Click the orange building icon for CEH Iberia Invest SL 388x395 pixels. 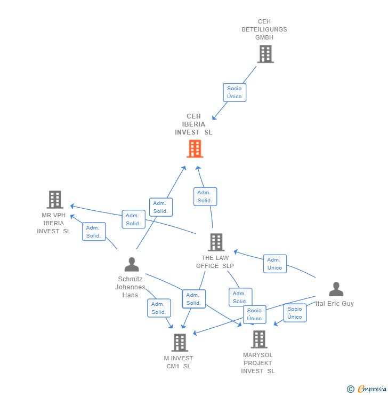point(195,149)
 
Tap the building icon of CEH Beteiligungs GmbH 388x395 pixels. point(265,54)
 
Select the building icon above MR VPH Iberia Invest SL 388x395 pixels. point(54,200)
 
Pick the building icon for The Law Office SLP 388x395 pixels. point(215,242)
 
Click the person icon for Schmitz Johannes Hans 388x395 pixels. point(131,264)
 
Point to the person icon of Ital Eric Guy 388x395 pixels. point(336,289)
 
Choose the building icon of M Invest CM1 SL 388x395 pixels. point(180,342)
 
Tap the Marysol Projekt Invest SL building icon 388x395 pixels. point(258,339)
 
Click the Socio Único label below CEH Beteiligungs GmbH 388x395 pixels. point(235,92)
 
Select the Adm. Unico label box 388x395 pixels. point(275,264)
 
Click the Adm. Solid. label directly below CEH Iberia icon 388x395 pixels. point(205,196)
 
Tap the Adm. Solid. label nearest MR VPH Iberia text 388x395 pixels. point(94,232)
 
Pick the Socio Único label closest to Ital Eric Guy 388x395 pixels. point(295,313)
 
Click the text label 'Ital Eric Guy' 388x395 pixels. point(335,304)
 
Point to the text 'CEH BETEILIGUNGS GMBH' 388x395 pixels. point(264,29)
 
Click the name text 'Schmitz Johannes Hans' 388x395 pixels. point(130,287)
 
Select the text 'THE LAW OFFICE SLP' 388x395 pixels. point(215,262)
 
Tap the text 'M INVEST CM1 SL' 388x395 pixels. point(179,362)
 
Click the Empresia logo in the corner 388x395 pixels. point(372,389)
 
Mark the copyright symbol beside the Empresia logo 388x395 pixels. point(350,389)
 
